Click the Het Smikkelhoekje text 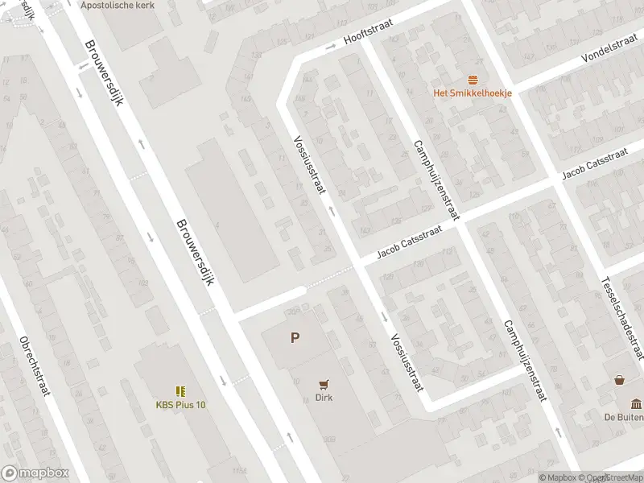473,93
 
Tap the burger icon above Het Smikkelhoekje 473,79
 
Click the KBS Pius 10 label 180,404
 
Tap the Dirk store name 324,397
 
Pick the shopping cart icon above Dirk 324,384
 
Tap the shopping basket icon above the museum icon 619,380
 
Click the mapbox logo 35,473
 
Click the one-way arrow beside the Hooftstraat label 330,47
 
